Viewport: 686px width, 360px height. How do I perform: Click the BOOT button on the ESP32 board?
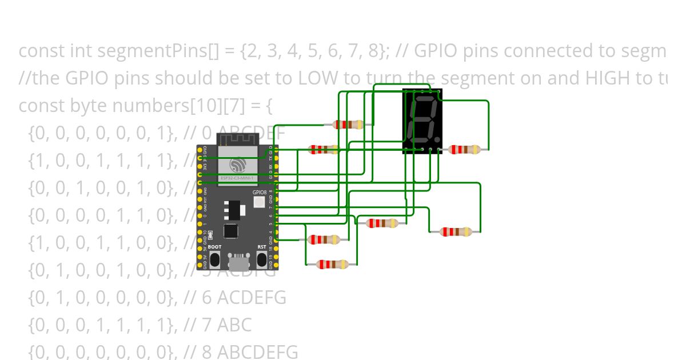click(215, 259)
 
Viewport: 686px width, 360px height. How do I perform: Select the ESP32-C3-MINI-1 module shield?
click(237, 166)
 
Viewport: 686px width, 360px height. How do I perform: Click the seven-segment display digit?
click(421, 120)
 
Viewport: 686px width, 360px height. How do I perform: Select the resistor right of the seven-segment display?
click(464, 150)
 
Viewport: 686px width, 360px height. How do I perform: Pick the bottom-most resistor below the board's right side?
click(332, 265)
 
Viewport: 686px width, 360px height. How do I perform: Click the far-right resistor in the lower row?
click(455, 232)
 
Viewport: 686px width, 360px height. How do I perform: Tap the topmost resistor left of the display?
click(348, 125)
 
